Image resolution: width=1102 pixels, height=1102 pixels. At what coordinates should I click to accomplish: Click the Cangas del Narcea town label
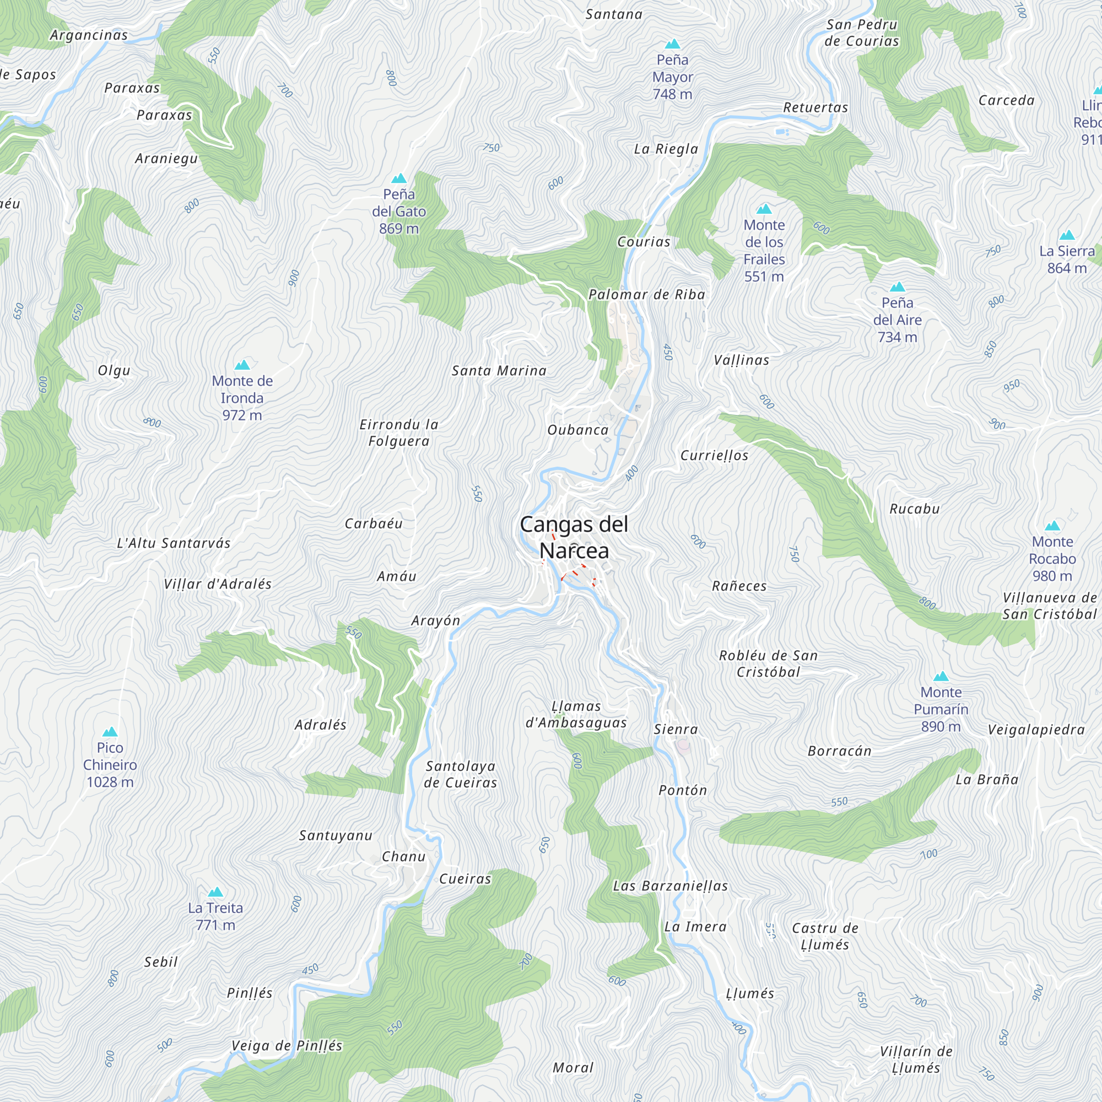[x=574, y=537]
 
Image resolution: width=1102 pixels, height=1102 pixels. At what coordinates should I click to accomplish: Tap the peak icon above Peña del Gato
[x=399, y=179]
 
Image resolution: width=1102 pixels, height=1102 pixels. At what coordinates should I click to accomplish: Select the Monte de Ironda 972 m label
[x=242, y=398]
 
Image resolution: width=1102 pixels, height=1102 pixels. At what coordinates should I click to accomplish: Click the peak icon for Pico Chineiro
[x=110, y=732]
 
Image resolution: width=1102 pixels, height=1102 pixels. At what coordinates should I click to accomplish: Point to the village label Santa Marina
[x=499, y=371]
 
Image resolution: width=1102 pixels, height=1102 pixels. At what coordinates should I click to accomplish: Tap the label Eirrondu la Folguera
[x=399, y=433]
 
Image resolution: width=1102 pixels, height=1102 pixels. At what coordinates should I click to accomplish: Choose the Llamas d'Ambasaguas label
[x=576, y=714]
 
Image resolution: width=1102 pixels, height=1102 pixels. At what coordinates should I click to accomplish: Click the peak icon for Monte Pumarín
[x=941, y=677]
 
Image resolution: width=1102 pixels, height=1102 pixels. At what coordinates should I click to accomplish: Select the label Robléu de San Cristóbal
[x=768, y=663]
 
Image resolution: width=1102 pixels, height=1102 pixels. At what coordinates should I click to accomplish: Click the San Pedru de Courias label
[x=861, y=33]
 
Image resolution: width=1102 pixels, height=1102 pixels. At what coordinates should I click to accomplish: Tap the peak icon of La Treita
[x=215, y=892]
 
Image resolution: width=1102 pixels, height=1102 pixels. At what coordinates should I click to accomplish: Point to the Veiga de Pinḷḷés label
[x=287, y=1046]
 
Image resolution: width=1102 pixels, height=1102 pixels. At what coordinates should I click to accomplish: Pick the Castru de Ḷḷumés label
[x=825, y=936]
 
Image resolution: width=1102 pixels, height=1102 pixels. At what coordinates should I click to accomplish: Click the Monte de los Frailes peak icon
[x=764, y=209]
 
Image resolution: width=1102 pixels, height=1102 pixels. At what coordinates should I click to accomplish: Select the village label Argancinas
[x=89, y=35]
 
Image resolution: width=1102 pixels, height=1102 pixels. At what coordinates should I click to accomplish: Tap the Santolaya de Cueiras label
[x=460, y=774]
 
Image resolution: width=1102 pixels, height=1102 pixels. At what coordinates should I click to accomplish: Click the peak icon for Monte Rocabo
[x=1052, y=526]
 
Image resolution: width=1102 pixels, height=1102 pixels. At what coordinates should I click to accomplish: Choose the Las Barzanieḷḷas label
[x=670, y=886]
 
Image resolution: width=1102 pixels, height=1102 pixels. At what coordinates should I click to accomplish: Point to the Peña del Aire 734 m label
[x=897, y=320]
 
